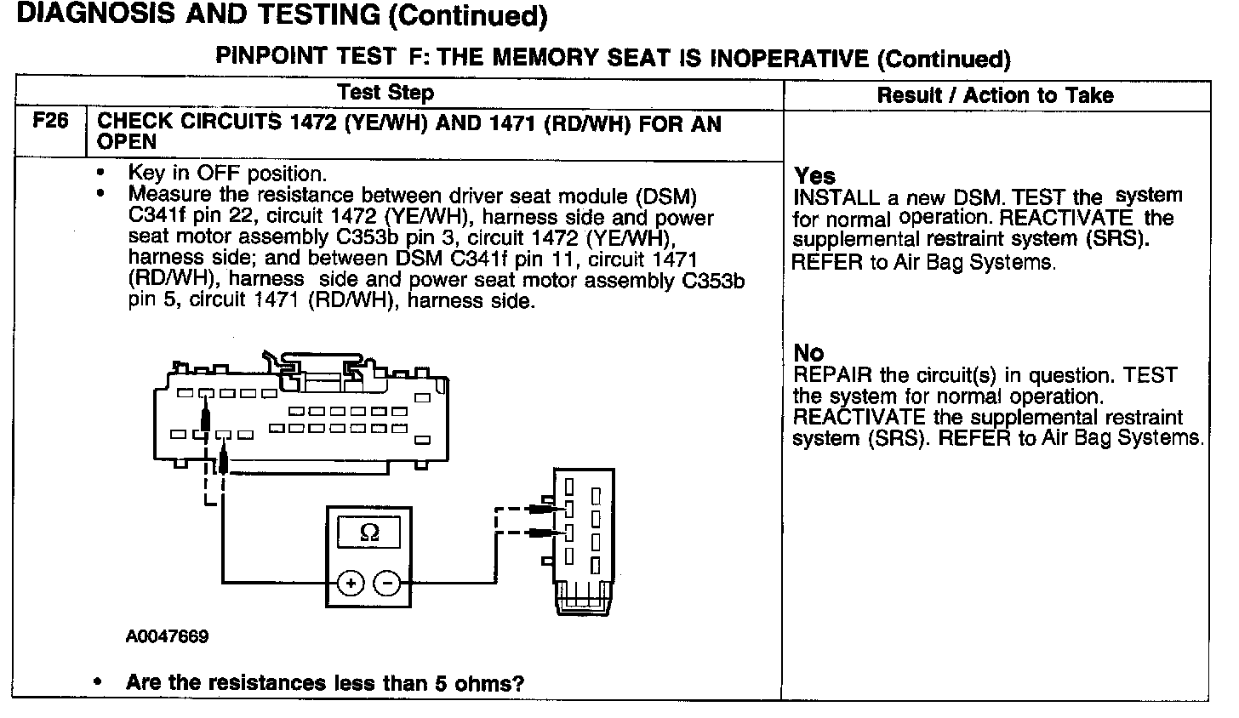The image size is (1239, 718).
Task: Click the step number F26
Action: tap(49, 122)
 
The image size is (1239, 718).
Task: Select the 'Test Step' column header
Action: tap(385, 93)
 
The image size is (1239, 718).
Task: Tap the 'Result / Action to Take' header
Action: tap(995, 95)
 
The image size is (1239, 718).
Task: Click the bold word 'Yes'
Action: tap(814, 176)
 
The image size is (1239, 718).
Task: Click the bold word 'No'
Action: tap(808, 352)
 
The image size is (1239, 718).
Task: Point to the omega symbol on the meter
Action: tap(369, 533)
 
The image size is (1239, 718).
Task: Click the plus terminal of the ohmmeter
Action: tap(351, 584)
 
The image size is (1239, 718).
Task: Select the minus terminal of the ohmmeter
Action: tap(387, 584)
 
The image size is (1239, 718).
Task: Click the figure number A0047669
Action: tap(167, 636)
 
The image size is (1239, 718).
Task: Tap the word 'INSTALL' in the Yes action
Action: tap(836, 198)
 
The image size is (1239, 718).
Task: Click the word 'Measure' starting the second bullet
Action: tap(167, 196)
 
